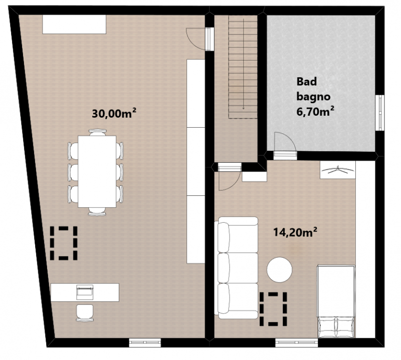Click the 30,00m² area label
(114, 113)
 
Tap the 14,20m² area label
(295, 232)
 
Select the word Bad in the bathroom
(307, 82)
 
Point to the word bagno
(314, 97)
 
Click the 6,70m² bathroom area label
(315, 111)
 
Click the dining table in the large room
(97, 171)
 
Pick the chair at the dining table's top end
(97, 132)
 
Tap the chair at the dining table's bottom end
(97, 211)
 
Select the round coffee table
(279, 270)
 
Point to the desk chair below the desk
(85, 312)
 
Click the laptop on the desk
(85, 292)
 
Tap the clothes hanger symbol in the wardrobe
(337, 170)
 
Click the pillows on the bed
(336, 327)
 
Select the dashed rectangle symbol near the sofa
(273, 309)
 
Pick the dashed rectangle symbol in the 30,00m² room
(64, 243)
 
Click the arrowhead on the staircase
(243, 108)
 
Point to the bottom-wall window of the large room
(145, 342)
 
